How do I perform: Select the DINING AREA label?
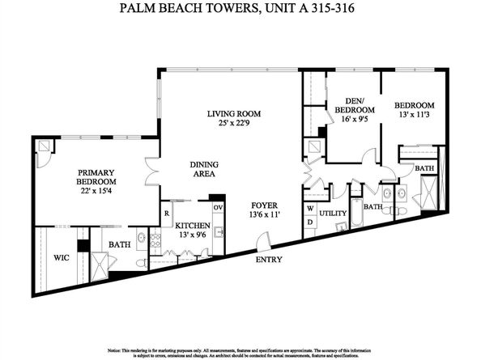204,169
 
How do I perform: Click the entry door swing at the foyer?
261,240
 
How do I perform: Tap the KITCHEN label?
193,226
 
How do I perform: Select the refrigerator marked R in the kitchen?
166,213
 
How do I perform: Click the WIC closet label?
62,258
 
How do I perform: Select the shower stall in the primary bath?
100,265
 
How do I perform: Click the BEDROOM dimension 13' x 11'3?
415,115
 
